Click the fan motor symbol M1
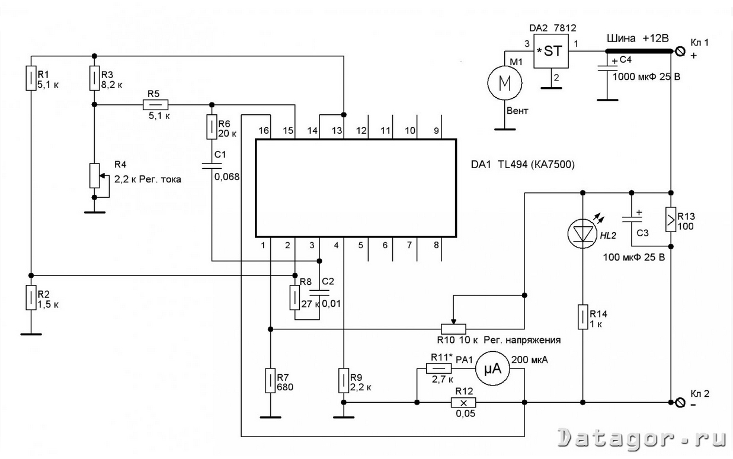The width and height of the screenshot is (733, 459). [x=505, y=83]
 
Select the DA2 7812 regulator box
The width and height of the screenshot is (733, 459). [x=551, y=52]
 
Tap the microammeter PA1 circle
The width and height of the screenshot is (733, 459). [x=492, y=369]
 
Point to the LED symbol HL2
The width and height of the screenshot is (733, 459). [x=583, y=233]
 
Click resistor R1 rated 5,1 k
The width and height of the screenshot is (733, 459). [x=31, y=78]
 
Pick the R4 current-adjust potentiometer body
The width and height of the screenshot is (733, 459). [x=95, y=176]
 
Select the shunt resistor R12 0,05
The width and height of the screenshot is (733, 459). [x=463, y=402]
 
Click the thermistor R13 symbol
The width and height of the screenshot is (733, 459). [x=671, y=220]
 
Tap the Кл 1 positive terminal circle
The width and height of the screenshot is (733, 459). [x=680, y=52]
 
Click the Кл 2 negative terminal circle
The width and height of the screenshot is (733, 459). [x=680, y=402]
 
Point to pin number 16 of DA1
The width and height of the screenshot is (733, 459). [x=264, y=131]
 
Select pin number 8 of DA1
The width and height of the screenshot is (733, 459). [x=436, y=245]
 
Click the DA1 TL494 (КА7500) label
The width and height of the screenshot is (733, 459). [x=523, y=164]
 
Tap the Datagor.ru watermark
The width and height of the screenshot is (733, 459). [x=642, y=438]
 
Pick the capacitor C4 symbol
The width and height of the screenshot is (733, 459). [x=607, y=68]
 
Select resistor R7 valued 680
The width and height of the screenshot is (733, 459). [x=270, y=380]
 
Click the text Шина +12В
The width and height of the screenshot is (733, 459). [x=638, y=38]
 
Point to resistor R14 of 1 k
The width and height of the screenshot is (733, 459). [x=583, y=317]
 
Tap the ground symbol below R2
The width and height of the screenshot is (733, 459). [x=31, y=334]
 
